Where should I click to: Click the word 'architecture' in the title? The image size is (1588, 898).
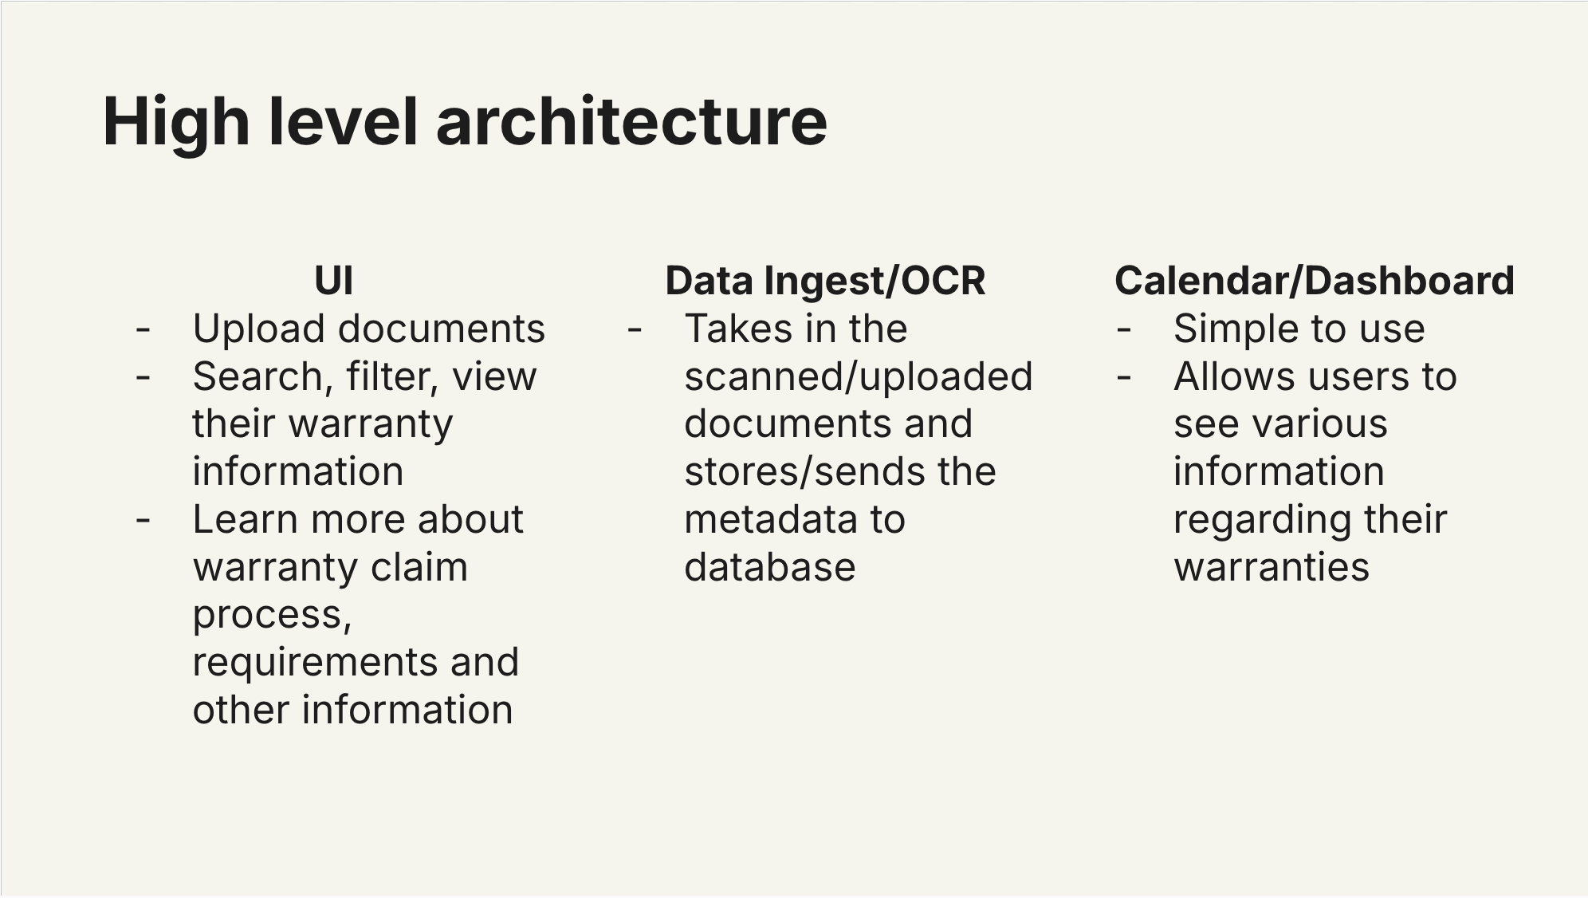pos(631,121)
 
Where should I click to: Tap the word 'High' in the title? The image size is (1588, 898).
pos(176,123)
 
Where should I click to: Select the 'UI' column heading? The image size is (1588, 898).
pos(334,281)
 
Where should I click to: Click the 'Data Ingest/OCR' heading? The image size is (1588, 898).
pos(825,281)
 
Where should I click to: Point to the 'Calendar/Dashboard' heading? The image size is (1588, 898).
pos(1314,281)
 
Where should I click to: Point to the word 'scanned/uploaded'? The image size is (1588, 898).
pos(859,377)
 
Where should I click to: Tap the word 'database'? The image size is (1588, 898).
pos(770,567)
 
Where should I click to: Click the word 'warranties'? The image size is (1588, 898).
pos(1272,567)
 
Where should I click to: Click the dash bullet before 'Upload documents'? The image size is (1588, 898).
pos(143,329)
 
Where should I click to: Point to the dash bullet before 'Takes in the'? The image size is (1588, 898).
pos(635,329)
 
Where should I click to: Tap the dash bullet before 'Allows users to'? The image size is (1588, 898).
pos(1124,377)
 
